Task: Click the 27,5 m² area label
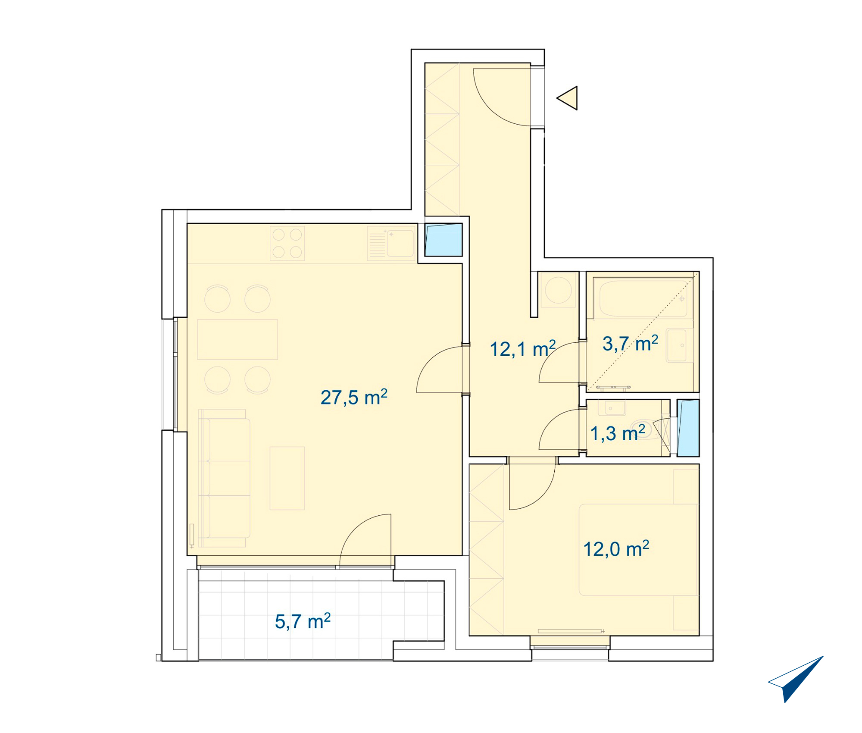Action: (354, 397)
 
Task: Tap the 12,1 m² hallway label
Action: (523, 348)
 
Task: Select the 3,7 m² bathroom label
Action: (630, 343)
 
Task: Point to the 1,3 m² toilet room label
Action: (617, 433)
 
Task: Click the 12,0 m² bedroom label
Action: (616, 548)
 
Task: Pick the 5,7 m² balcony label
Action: (303, 621)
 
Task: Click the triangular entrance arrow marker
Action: (567, 98)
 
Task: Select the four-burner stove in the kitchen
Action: (287, 243)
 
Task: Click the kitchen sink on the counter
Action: (391, 244)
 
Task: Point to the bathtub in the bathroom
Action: (643, 298)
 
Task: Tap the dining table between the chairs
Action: (237, 339)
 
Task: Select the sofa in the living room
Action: (224, 478)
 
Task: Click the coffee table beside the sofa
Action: (287, 478)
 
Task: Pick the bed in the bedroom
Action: (638, 550)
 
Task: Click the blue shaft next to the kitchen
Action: (443, 240)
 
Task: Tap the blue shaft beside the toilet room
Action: (688, 428)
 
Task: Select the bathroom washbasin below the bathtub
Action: (676, 345)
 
